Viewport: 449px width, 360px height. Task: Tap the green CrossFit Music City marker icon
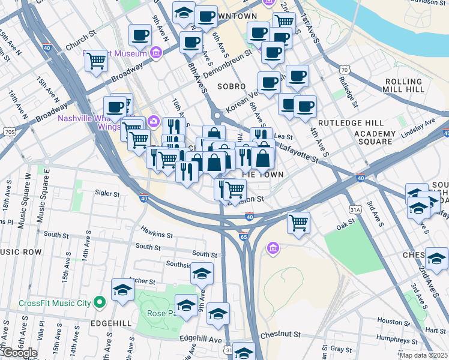(x=100, y=302)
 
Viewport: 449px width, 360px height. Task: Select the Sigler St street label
(x=107, y=193)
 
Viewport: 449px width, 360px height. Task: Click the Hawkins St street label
(x=157, y=232)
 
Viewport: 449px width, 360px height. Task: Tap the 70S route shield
(x=9, y=131)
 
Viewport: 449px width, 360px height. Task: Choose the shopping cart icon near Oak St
(x=298, y=223)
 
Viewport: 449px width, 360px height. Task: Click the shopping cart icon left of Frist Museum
(x=96, y=61)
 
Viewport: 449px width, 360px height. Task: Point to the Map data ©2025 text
(x=423, y=355)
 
